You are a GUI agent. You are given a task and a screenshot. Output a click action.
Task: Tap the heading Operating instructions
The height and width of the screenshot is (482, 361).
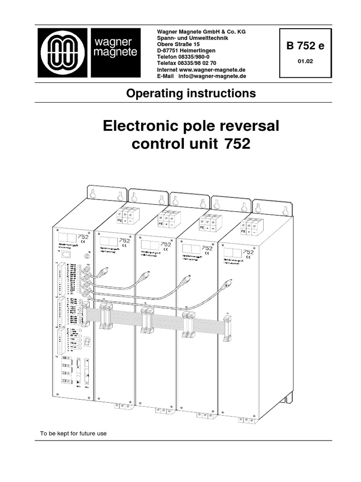(191, 93)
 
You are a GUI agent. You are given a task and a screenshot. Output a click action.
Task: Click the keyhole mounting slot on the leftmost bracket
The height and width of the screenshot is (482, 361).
(94, 193)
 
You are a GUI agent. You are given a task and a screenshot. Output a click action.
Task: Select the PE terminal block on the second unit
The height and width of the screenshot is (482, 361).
(119, 219)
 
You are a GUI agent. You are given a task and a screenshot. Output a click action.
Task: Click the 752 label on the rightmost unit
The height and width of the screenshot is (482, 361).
(250, 252)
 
